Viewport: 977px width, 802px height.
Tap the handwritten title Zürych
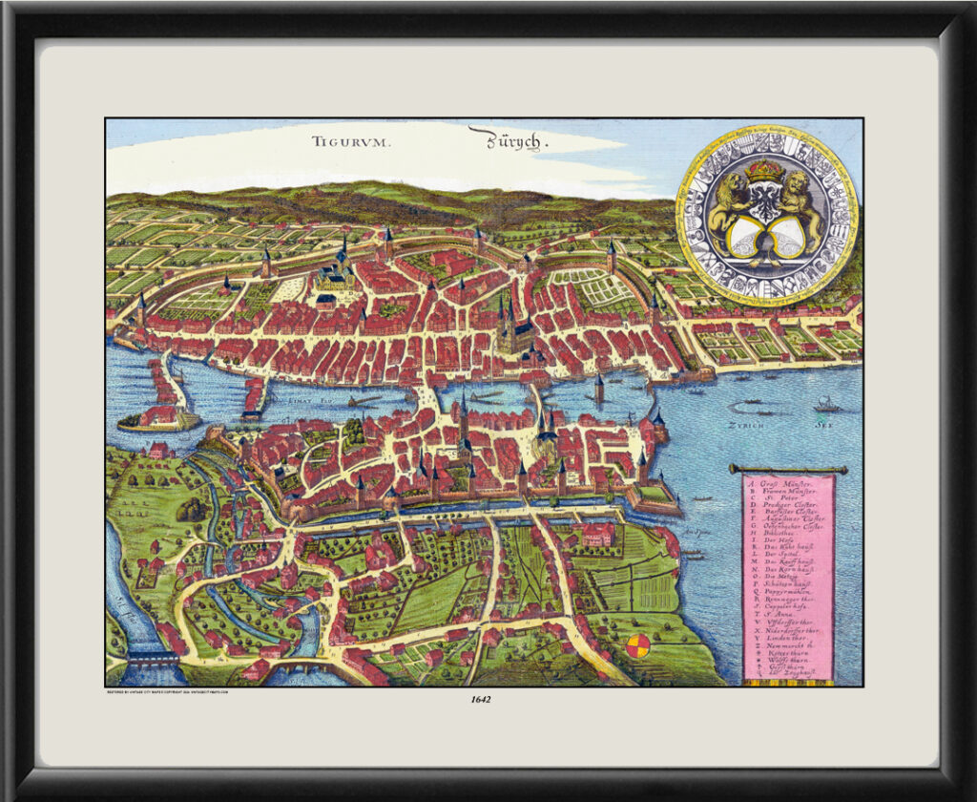click(x=506, y=140)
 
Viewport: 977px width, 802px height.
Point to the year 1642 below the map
click(x=481, y=699)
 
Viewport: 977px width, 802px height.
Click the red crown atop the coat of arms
click(x=763, y=171)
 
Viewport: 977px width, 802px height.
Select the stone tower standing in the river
click(x=599, y=388)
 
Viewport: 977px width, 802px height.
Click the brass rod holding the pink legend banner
click(x=787, y=469)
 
